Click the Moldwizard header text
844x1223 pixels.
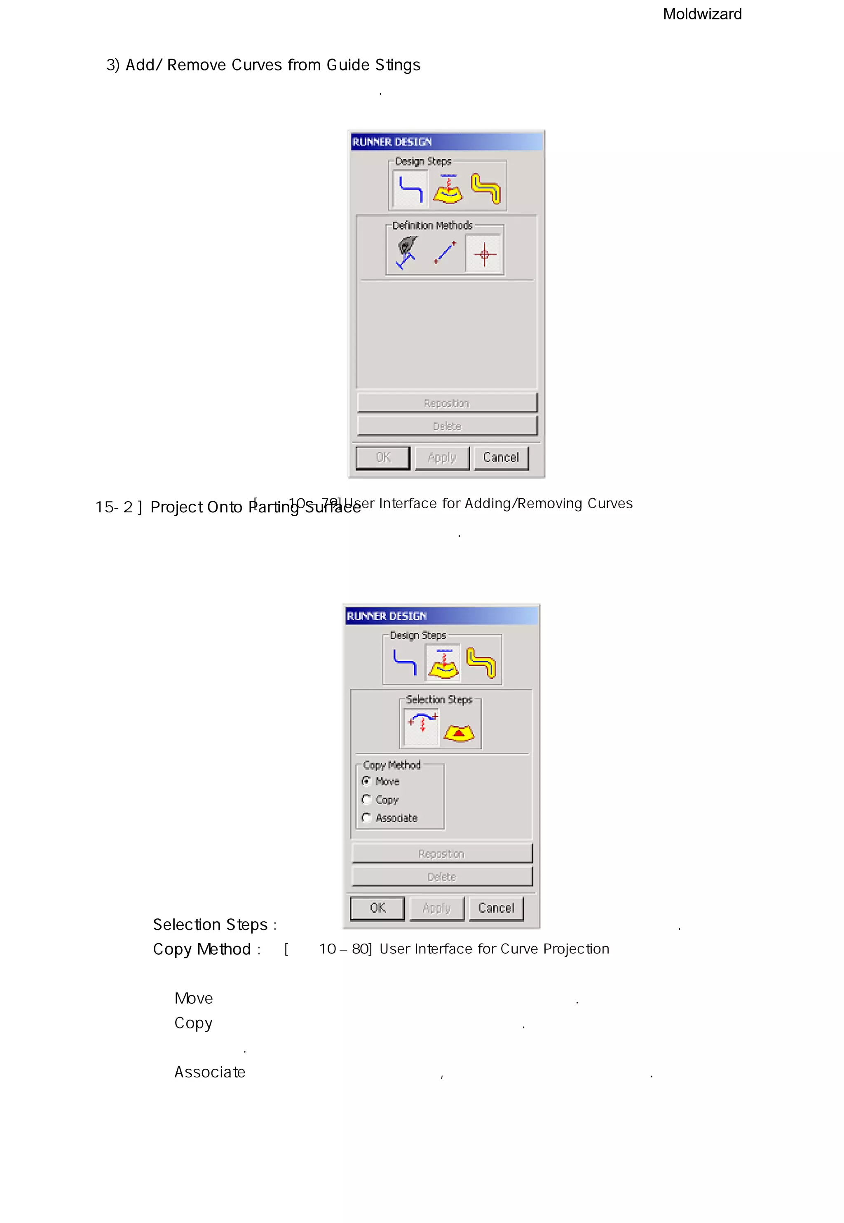pos(702,14)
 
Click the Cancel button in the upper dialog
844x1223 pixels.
pos(500,458)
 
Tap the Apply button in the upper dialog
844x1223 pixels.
pos(441,458)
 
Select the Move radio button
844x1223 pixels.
pos(366,781)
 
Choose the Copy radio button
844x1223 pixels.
pos(366,799)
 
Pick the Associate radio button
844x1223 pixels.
pos(366,818)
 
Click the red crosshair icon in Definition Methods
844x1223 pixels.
pos(484,254)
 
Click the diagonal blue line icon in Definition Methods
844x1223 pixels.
pos(445,253)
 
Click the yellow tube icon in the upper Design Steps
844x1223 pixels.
pos(485,188)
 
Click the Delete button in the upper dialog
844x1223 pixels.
pos(447,426)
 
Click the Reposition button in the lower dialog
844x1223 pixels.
pos(441,854)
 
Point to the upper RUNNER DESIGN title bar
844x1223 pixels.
pos(446,142)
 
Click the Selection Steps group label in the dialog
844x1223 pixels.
pos(438,700)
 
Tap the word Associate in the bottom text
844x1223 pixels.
pos(210,1072)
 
